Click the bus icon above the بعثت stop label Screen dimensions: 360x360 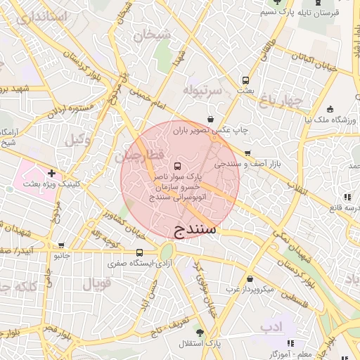point(245,80)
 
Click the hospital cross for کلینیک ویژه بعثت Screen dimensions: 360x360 point(51,172)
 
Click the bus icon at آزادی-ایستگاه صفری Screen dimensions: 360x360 point(139,252)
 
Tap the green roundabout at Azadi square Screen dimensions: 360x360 point(167,251)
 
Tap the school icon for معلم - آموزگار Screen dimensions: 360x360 point(290,343)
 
